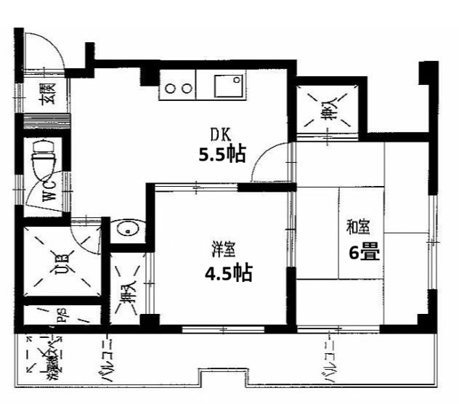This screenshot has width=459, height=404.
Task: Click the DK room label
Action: click(x=219, y=134)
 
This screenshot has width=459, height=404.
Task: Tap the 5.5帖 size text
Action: click(x=222, y=154)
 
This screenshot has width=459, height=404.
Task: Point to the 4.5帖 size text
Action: click(x=227, y=274)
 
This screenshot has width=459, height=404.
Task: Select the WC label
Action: click(x=49, y=191)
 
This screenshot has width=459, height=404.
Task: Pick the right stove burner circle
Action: click(x=187, y=89)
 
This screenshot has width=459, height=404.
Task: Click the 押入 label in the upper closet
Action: click(x=329, y=110)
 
